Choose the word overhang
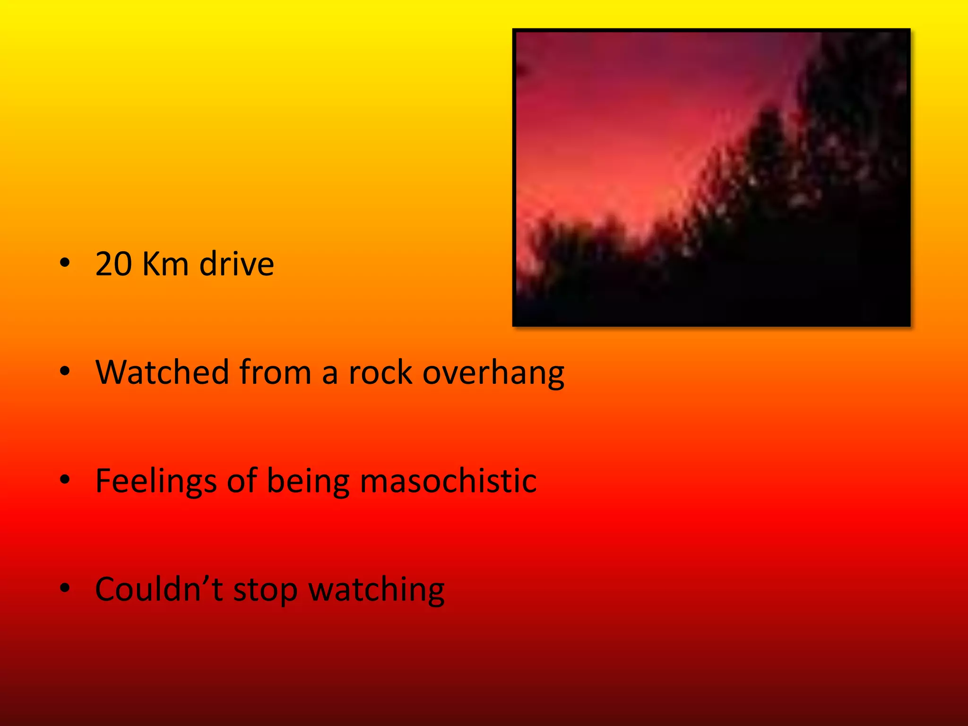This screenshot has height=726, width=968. click(x=493, y=373)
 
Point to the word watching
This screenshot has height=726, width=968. click(x=376, y=590)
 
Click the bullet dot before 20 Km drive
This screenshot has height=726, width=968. click(x=65, y=263)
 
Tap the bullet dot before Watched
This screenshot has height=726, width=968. click(x=65, y=372)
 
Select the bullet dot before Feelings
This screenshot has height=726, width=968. click(x=65, y=480)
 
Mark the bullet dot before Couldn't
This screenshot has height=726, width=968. click(x=65, y=588)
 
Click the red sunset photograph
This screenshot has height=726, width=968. click(x=711, y=177)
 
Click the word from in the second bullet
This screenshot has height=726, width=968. click(x=275, y=372)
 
